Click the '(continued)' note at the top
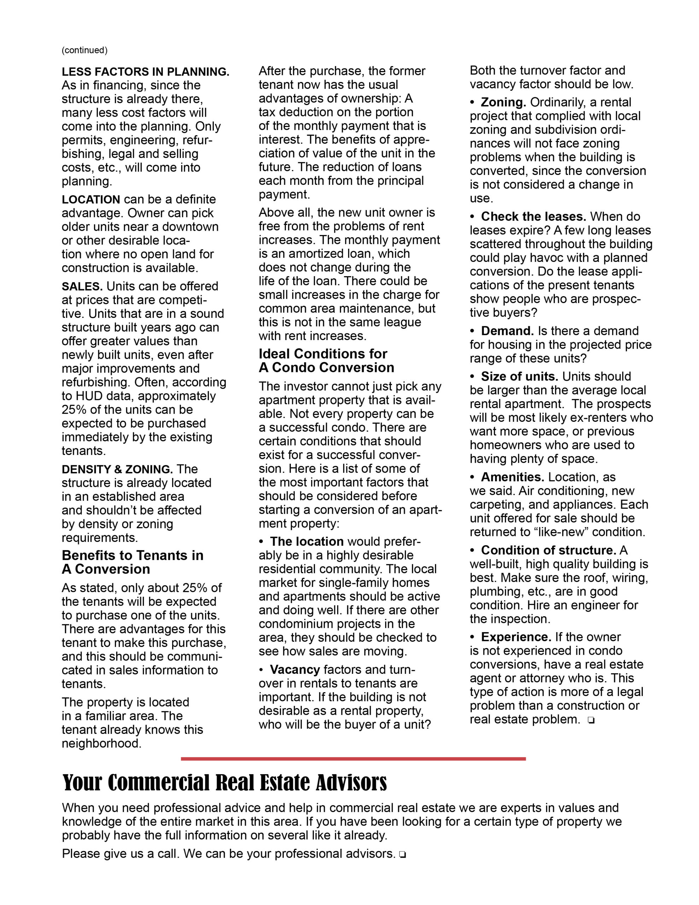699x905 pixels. coord(84,50)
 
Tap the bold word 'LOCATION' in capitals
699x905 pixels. coord(91,199)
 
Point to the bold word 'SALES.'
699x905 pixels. coord(82,286)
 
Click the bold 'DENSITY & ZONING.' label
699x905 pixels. coord(117,469)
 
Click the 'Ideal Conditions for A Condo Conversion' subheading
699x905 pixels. coord(327,361)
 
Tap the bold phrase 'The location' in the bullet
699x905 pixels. coord(307,542)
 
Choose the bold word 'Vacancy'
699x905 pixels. coord(295,670)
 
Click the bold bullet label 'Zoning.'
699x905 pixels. coord(503,103)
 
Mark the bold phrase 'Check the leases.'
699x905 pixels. coord(533,217)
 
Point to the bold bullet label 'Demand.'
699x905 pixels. coord(507,331)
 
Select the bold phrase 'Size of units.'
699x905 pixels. coord(519,376)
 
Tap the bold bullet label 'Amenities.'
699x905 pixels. coord(512,477)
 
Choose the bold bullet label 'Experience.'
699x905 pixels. coord(516,637)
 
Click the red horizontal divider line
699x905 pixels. coord(353,759)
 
